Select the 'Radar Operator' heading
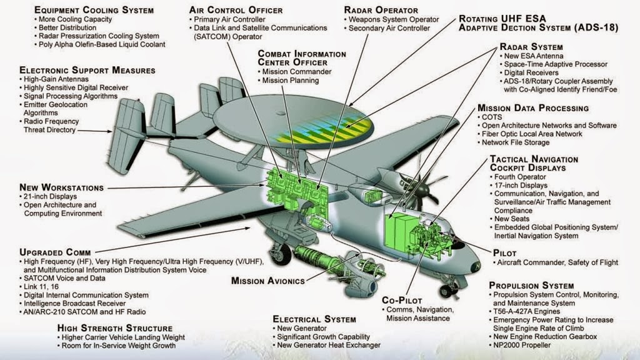(381, 10)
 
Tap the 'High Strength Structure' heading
(115, 327)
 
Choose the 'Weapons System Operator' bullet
(396, 19)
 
